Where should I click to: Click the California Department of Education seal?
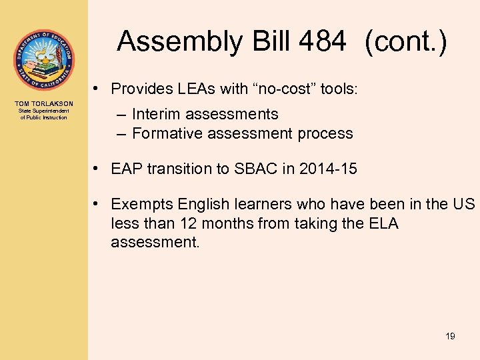pos(43,60)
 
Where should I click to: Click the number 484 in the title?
pos(323,42)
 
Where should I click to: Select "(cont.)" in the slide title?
pos(405,42)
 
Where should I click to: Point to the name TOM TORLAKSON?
pos(44,103)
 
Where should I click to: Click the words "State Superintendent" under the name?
pos(44,111)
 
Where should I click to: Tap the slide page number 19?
pos(450,336)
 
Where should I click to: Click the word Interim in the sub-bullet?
pos(157,115)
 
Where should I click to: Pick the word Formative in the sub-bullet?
pos(166,133)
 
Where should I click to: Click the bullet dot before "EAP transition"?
pos(97,169)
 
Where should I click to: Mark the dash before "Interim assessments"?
pos(121,115)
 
